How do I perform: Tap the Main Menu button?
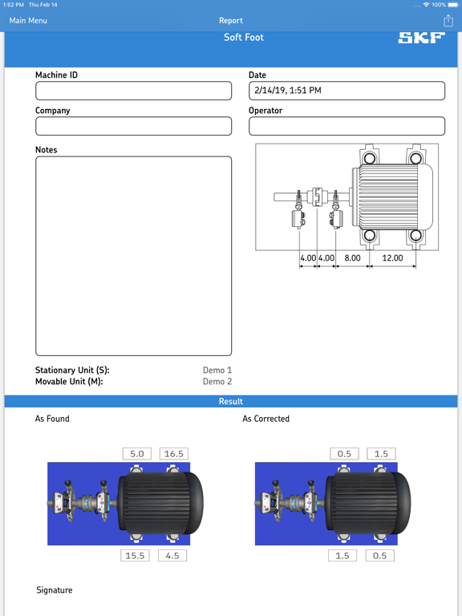pos(28,21)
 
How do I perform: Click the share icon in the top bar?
pos(448,21)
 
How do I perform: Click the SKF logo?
pos(421,38)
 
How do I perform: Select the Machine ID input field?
pos(133,91)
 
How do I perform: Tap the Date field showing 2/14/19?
pos(346,91)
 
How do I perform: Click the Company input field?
pos(133,126)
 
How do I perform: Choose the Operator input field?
pos(346,126)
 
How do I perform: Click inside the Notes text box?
pos(133,256)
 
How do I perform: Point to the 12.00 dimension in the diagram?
pos(392,258)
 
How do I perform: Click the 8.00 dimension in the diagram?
pos(352,258)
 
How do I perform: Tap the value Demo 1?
pos(217,371)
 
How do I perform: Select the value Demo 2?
pos(217,382)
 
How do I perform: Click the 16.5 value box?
pos(173,454)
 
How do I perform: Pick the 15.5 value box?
pos(135,555)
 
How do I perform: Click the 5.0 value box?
pos(136,454)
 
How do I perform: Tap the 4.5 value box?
pos(172,555)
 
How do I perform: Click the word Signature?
pos(55,590)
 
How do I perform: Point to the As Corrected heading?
pos(265,419)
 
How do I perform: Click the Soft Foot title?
pos(243,38)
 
